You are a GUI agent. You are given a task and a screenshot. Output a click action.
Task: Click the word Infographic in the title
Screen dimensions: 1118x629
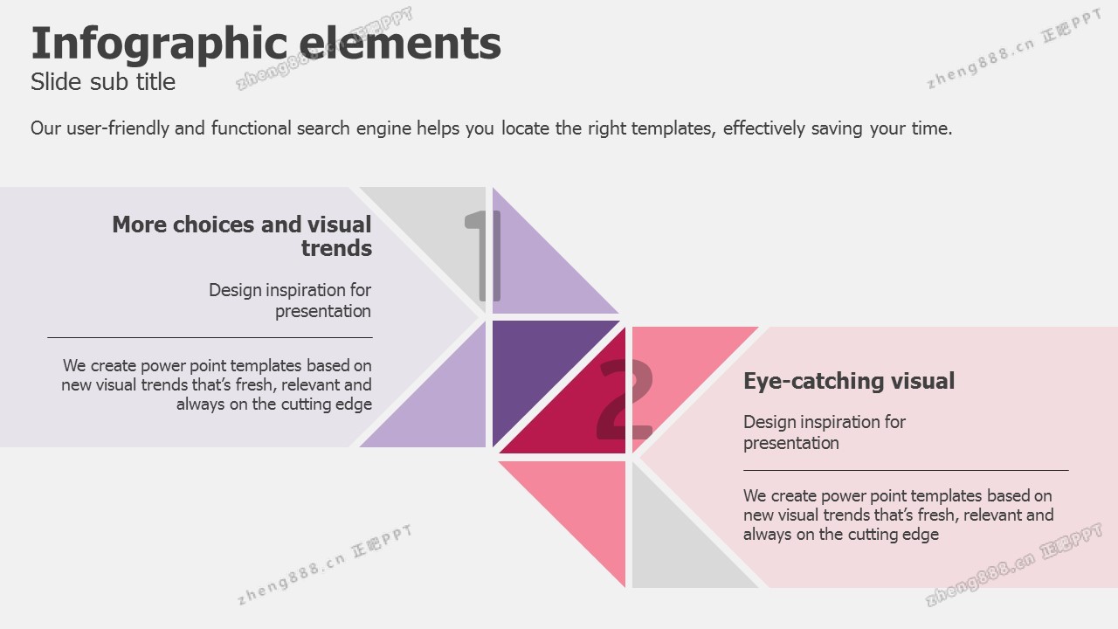click(x=159, y=45)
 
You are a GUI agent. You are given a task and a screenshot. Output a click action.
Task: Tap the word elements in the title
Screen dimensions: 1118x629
click(x=400, y=43)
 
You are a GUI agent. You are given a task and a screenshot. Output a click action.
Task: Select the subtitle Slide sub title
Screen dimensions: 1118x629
click(x=103, y=82)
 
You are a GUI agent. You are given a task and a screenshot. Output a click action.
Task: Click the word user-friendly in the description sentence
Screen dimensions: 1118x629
click(x=118, y=128)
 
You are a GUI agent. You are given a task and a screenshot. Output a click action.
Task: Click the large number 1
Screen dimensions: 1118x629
click(x=483, y=255)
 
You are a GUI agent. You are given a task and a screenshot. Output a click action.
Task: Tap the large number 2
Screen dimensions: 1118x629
click(x=625, y=399)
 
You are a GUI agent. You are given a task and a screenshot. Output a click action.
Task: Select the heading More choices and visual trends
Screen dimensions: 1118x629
click(x=242, y=236)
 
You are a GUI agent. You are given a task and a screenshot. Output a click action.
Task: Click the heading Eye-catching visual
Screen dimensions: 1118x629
click(x=849, y=381)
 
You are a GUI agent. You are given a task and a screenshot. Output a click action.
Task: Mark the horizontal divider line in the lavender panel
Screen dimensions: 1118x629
click(x=210, y=337)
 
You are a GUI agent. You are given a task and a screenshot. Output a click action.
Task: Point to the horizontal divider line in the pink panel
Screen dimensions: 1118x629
click(x=906, y=470)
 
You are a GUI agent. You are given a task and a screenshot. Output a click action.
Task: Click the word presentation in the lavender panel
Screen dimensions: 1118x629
click(x=323, y=312)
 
